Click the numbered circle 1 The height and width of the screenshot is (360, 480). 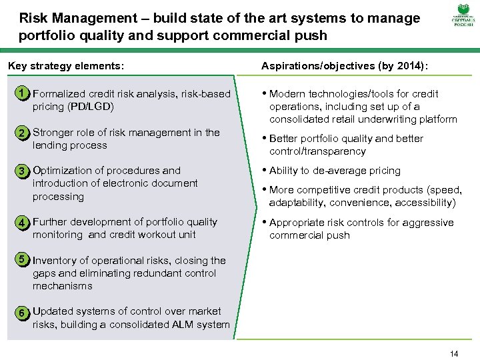coord(23,94)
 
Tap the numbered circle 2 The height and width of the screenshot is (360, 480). coord(23,133)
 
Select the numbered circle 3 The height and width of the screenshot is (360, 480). coord(23,171)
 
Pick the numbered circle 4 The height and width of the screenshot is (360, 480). coord(23,222)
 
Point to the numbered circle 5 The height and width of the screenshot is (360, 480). coord(23,259)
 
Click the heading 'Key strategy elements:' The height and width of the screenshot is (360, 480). coord(65,66)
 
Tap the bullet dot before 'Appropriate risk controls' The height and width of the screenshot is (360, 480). coord(264,223)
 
